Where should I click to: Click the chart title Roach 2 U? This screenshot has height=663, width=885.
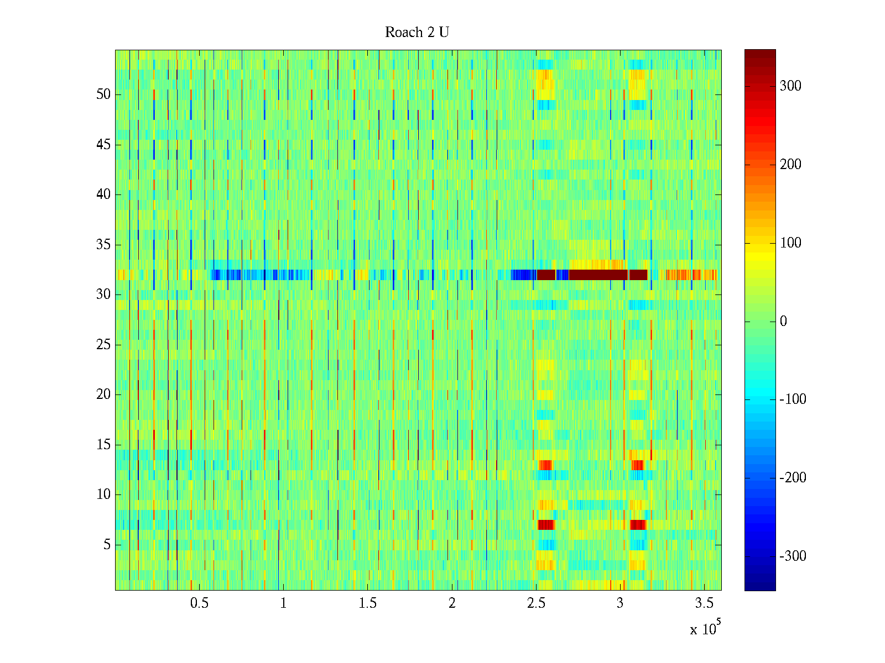(x=417, y=33)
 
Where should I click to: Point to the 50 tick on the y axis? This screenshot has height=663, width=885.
(x=103, y=94)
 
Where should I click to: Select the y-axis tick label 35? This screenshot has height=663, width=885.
(x=103, y=245)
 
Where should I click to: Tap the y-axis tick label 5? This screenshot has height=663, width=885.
(x=107, y=545)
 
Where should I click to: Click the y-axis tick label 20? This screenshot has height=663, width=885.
(x=103, y=394)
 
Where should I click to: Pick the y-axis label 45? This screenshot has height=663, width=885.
(x=103, y=145)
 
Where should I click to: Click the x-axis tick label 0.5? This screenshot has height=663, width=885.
(x=199, y=603)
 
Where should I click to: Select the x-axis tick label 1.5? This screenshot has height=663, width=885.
(x=367, y=603)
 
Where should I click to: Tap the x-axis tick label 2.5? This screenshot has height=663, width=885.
(x=536, y=603)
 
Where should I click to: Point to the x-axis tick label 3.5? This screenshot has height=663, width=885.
(x=704, y=603)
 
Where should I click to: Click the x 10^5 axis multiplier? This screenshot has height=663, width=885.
(x=705, y=629)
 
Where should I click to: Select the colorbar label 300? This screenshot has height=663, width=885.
(x=790, y=86)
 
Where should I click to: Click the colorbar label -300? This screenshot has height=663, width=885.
(x=792, y=556)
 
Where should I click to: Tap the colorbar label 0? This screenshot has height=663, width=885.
(x=783, y=322)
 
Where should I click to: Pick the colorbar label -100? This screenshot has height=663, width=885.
(x=792, y=399)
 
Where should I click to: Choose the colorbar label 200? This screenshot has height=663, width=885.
(x=790, y=165)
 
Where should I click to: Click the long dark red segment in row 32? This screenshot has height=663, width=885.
(x=598, y=275)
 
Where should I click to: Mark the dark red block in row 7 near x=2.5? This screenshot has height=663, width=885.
(x=546, y=524)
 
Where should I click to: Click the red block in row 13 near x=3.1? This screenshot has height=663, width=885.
(x=638, y=465)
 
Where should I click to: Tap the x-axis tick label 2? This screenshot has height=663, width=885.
(x=452, y=603)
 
